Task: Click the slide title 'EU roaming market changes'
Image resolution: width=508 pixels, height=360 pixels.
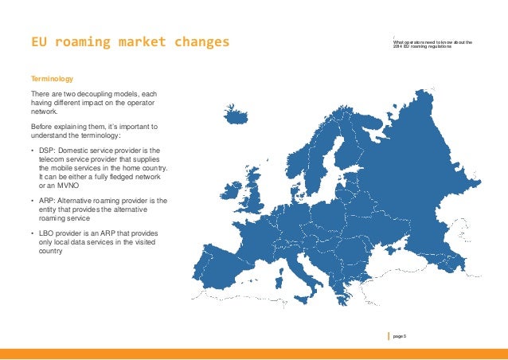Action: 124,41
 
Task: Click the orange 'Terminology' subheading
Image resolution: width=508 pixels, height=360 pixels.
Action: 52,80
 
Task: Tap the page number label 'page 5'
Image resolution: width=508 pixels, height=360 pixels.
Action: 400,337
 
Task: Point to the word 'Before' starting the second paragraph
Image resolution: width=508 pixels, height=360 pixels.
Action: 41,127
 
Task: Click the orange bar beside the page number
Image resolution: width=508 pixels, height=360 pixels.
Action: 389,337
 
